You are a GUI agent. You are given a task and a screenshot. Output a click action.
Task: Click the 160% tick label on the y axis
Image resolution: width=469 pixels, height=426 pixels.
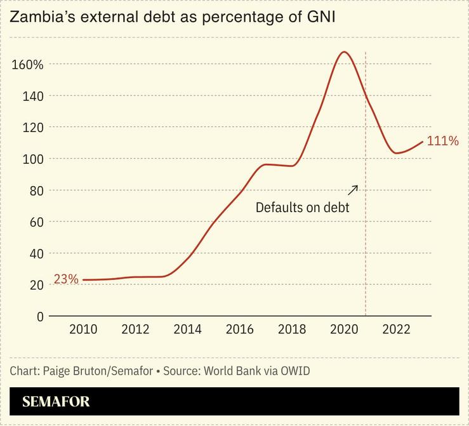coord(27,65)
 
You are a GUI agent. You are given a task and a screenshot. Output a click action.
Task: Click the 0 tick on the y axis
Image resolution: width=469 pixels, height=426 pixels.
coord(39,316)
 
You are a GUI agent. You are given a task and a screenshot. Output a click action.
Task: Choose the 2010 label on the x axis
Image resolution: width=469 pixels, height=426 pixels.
coord(83,329)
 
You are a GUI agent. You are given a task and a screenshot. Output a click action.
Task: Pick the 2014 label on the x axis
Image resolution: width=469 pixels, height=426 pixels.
coord(187,329)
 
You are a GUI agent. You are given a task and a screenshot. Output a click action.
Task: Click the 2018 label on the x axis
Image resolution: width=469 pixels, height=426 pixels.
coord(291,329)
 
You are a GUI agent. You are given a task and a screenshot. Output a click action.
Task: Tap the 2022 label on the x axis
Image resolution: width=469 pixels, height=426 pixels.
coord(395,329)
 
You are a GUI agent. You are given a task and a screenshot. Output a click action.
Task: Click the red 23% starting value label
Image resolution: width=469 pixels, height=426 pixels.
coord(66,279)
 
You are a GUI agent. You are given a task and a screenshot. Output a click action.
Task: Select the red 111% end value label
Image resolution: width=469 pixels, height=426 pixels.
coord(442,141)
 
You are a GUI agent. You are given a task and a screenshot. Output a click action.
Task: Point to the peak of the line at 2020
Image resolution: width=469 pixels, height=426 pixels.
coord(343,52)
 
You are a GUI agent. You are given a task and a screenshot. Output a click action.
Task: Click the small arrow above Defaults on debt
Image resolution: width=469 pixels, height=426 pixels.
coord(353,189)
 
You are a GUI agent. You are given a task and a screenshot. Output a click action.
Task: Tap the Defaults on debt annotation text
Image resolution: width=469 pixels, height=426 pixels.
coord(302,207)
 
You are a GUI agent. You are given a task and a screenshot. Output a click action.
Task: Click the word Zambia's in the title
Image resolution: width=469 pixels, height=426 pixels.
coord(38,18)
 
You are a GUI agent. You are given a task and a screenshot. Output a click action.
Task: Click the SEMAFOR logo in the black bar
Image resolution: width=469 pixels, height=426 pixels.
coord(56,402)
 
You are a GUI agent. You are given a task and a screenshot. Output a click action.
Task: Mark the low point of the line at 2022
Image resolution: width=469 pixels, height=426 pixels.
coord(396,153)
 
